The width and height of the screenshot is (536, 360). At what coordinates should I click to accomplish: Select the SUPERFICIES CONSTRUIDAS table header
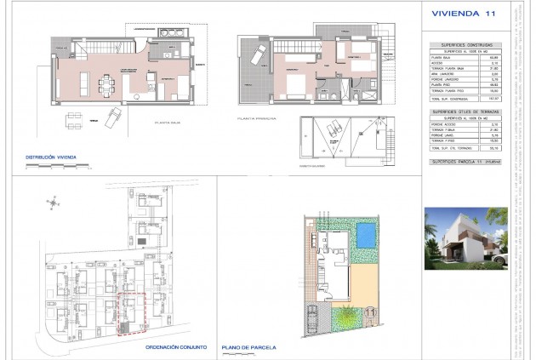pos(465,44)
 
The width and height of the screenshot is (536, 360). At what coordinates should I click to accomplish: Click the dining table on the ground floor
pos(108,83)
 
